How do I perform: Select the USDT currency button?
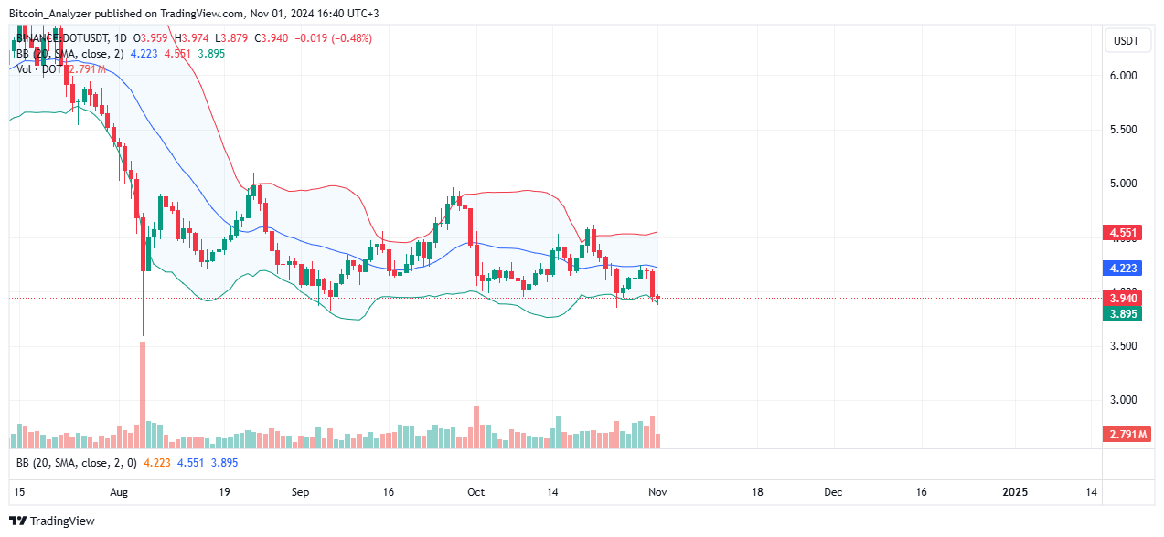point(1125,40)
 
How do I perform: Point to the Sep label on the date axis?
point(301,492)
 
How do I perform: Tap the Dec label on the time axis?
point(832,492)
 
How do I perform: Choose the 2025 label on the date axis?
point(1015,492)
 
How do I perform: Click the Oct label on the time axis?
point(475,492)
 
